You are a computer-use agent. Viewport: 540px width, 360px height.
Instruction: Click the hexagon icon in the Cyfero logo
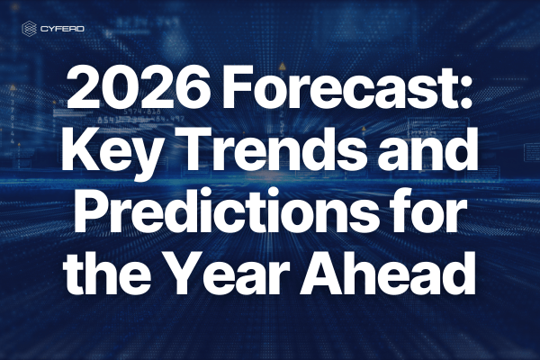(x=29, y=29)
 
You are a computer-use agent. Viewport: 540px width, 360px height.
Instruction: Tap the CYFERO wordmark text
(x=62, y=29)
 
